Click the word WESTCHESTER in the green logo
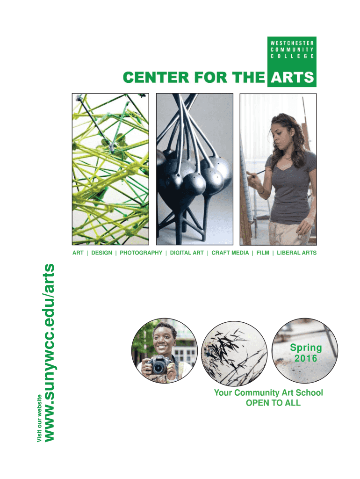[292, 43]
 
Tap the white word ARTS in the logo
[292, 78]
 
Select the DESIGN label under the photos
[101, 253]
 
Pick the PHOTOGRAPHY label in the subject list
[141, 253]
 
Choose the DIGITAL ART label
[187, 253]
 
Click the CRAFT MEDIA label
[230, 253]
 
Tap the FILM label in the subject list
[263, 253]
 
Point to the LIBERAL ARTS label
[297, 253]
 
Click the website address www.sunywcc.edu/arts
[50, 353]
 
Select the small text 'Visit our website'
[39, 418]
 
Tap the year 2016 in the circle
[306, 358]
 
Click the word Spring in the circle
[306, 348]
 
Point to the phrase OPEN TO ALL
[274, 403]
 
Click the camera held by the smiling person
[158, 364]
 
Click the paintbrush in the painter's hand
[257, 174]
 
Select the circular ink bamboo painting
[234, 353]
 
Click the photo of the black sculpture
[194, 169]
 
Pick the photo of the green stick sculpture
[110, 169]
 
